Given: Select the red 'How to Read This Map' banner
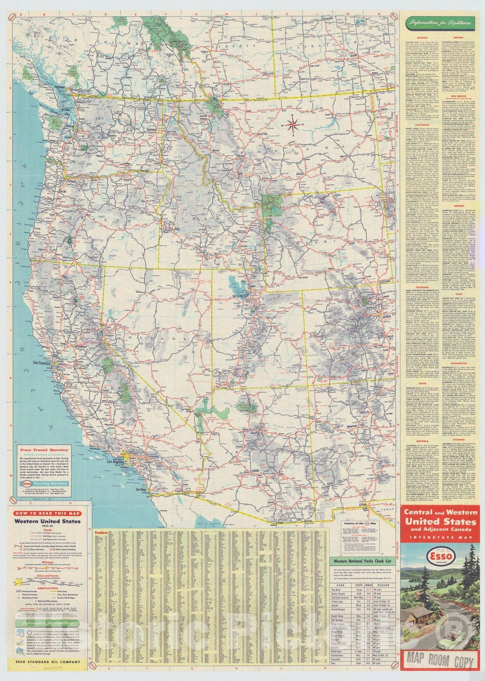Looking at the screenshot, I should click(x=48, y=513).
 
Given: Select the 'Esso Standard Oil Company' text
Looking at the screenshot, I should click(x=48, y=662).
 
